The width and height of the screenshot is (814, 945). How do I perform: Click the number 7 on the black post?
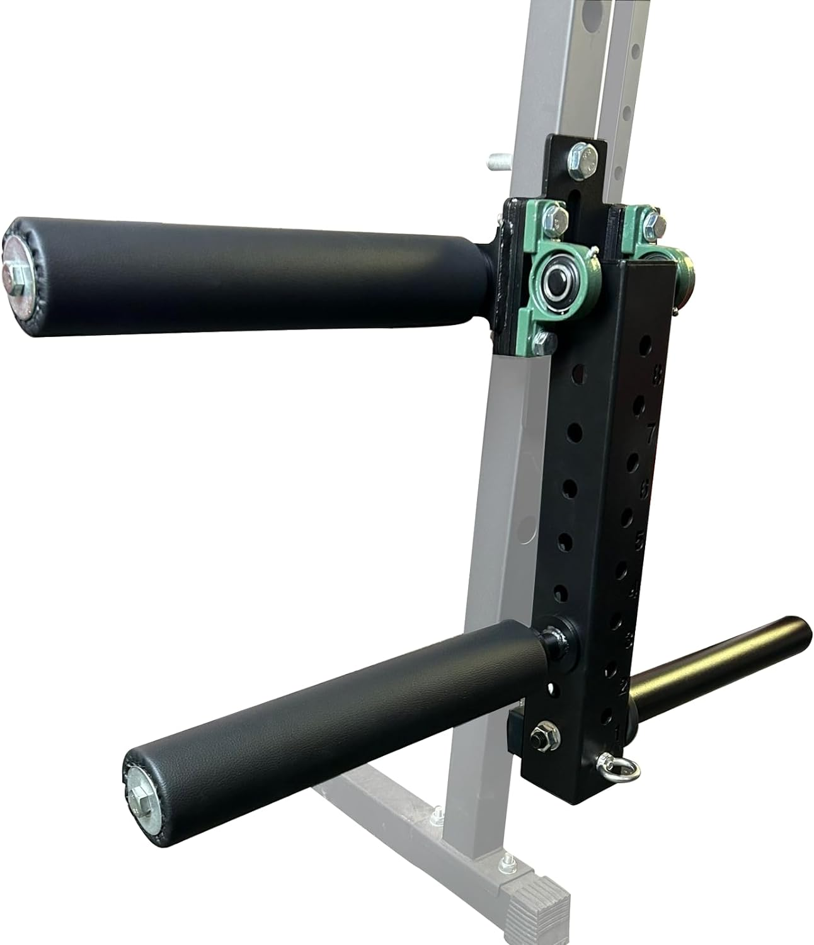click(651, 432)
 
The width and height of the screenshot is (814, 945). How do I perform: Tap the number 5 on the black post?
click(639, 540)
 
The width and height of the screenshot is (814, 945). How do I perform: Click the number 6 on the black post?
click(645, 487)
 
